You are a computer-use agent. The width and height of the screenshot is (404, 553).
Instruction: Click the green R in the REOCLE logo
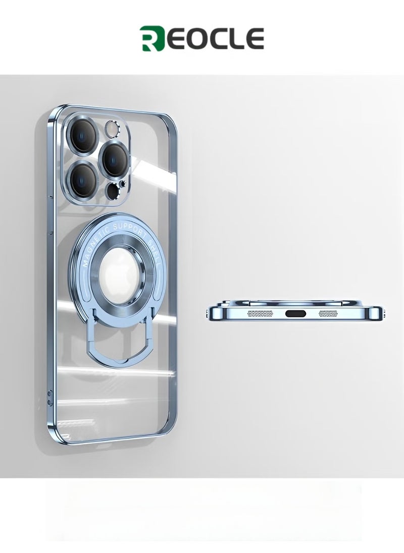150,39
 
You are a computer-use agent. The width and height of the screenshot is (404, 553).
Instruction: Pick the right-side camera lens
115,158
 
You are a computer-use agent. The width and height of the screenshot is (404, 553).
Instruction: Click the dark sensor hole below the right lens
113,190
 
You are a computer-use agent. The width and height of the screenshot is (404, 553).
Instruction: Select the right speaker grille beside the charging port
331,313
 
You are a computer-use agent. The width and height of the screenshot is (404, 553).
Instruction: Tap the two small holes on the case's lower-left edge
49,396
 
